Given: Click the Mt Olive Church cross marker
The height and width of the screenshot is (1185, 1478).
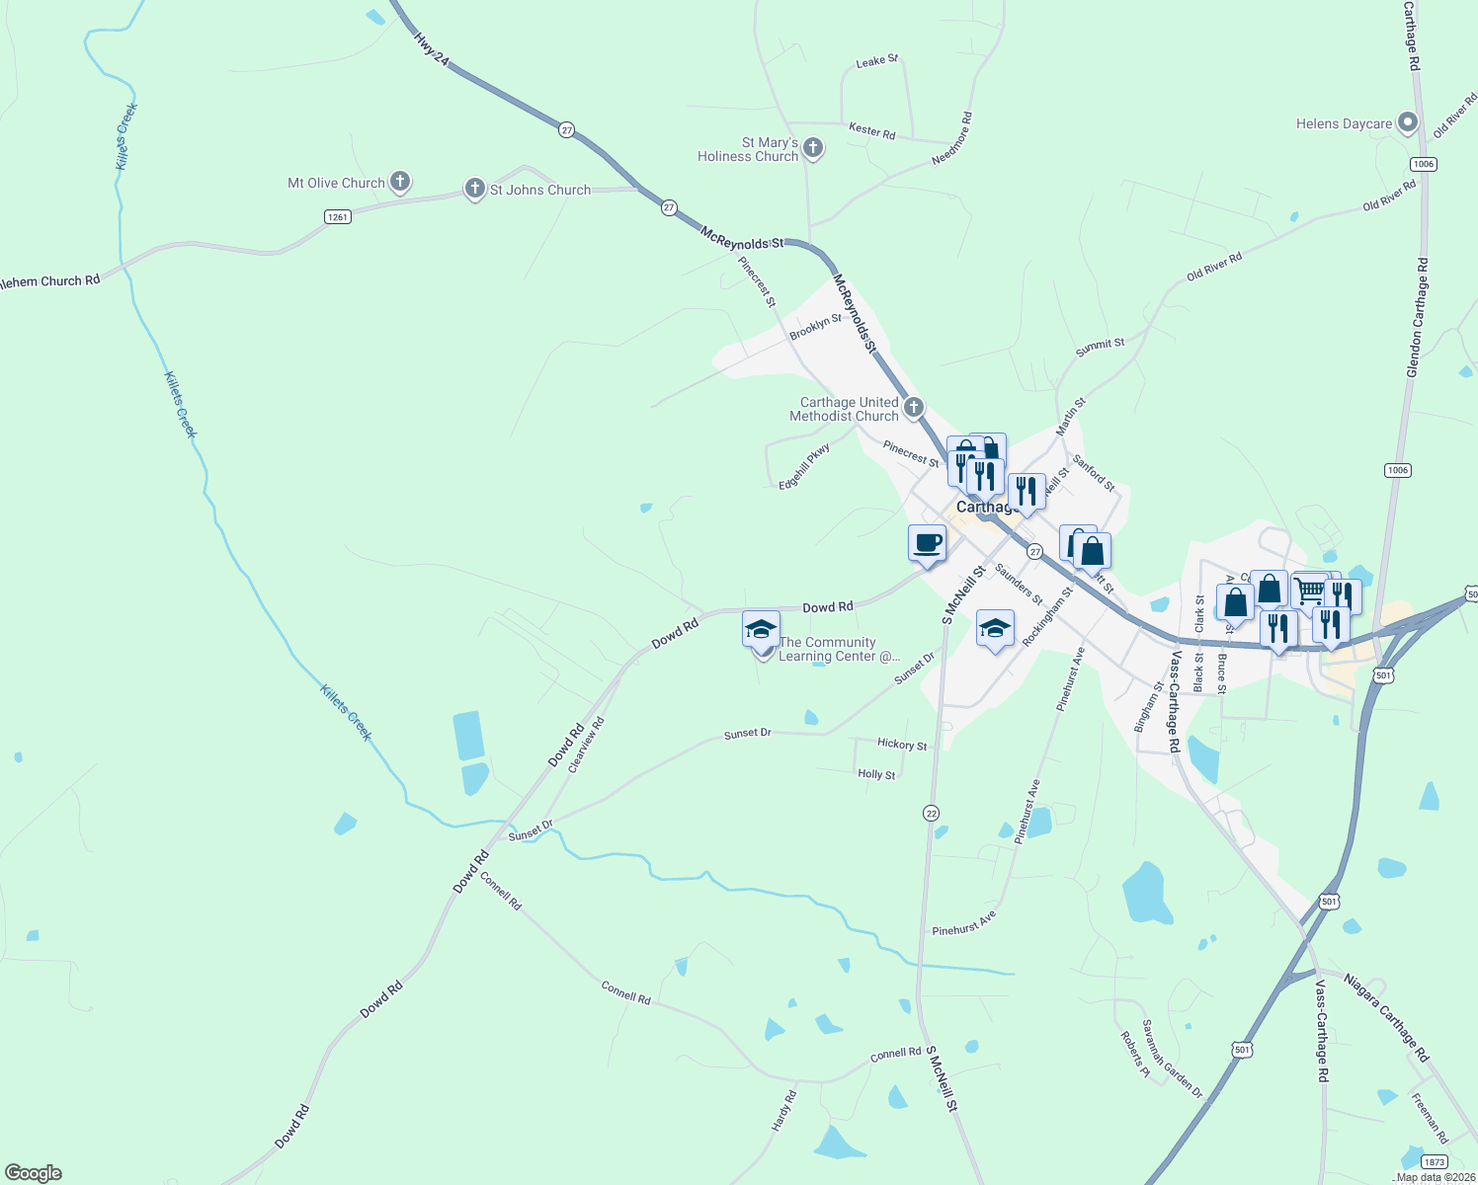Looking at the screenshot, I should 400,182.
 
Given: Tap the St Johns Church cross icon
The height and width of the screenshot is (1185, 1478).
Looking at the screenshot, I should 474,189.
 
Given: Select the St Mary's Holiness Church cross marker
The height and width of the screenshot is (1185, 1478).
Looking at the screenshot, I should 812,149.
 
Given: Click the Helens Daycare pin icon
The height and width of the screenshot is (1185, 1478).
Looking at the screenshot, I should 1408,123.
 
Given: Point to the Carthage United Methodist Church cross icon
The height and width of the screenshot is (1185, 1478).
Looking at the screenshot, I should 914,407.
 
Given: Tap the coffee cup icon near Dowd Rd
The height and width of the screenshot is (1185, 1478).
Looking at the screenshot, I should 927,543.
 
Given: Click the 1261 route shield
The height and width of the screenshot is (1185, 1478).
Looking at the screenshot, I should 338,216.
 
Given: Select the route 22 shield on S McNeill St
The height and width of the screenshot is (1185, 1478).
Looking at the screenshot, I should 931,813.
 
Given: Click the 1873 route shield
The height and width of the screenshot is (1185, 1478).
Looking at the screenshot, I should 1435,1161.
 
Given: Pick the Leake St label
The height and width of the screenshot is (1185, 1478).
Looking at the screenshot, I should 876,61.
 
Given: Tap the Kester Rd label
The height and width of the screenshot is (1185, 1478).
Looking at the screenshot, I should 871,130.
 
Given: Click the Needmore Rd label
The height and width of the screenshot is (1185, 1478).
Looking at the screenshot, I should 952,138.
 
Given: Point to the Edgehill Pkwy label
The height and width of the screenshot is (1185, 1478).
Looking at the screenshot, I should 804,466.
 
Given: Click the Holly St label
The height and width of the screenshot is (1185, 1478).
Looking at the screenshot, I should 876,774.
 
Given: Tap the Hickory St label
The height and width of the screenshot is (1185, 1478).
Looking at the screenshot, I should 902,745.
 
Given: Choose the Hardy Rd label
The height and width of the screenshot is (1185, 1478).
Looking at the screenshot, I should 783,1111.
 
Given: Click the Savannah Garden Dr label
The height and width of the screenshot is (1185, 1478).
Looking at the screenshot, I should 1172,1060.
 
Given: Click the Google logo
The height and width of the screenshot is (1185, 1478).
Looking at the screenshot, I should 33,1173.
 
